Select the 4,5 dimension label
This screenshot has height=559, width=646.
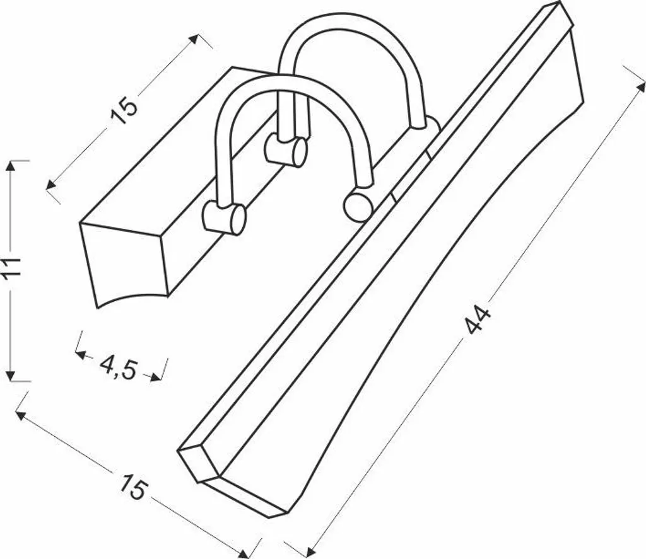[118, 367]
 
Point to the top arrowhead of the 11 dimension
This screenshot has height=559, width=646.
[11, 166]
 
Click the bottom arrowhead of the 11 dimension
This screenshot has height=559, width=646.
[11, 376]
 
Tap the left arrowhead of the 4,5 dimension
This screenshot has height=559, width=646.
[81, 355]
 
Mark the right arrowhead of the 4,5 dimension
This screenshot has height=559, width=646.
[155, 376]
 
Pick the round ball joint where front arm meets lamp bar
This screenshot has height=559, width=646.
[357, 206]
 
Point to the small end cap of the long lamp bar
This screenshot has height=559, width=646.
[199, 464]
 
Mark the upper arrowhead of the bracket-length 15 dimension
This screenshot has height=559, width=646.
[194, 40]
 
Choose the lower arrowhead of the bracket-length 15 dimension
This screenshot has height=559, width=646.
[50, 185]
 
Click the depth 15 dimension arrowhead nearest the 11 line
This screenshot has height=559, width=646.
[21, 415]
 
